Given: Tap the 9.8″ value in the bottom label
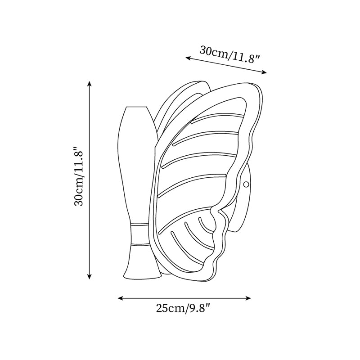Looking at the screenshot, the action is [x=199, y=308].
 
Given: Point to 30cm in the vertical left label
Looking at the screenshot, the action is [x=78, y=194].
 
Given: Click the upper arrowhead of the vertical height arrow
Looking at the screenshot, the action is [x=90, y=83].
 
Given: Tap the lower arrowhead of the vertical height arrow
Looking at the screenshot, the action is [x=90, y=277].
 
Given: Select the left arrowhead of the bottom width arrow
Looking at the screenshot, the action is [x=120, y=298].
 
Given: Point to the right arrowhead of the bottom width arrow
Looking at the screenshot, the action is [x=248, y=298].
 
